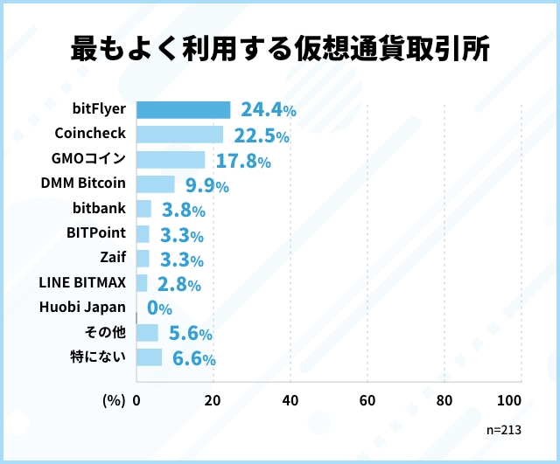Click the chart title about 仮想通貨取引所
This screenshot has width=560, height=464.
[x=280, y=48]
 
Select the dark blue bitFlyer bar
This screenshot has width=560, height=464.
[x=184, y=110]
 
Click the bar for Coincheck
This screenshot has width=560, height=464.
[x=180, y=135]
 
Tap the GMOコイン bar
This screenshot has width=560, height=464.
[x=171, y=160]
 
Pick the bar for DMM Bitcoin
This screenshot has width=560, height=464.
[x=156, y=184]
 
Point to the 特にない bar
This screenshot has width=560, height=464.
[x=150, y=357]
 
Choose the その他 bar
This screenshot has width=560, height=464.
[x=148, y=333]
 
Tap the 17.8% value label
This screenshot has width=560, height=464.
[x=242, y=160]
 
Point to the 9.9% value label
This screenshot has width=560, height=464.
[x=206, y=185]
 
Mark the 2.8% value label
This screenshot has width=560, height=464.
[x=178, y=284]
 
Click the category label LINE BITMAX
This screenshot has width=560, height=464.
[x=83, y=282]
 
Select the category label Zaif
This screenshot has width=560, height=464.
[x=113, y=258]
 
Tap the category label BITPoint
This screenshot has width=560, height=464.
[x=96, y=233]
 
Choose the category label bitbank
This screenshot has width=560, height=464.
[x=99, y=209]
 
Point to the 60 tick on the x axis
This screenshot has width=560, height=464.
[x=367, y=400]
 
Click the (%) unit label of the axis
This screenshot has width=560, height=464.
[x=115, y=400]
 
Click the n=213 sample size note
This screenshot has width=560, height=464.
[x=504, y=430]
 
